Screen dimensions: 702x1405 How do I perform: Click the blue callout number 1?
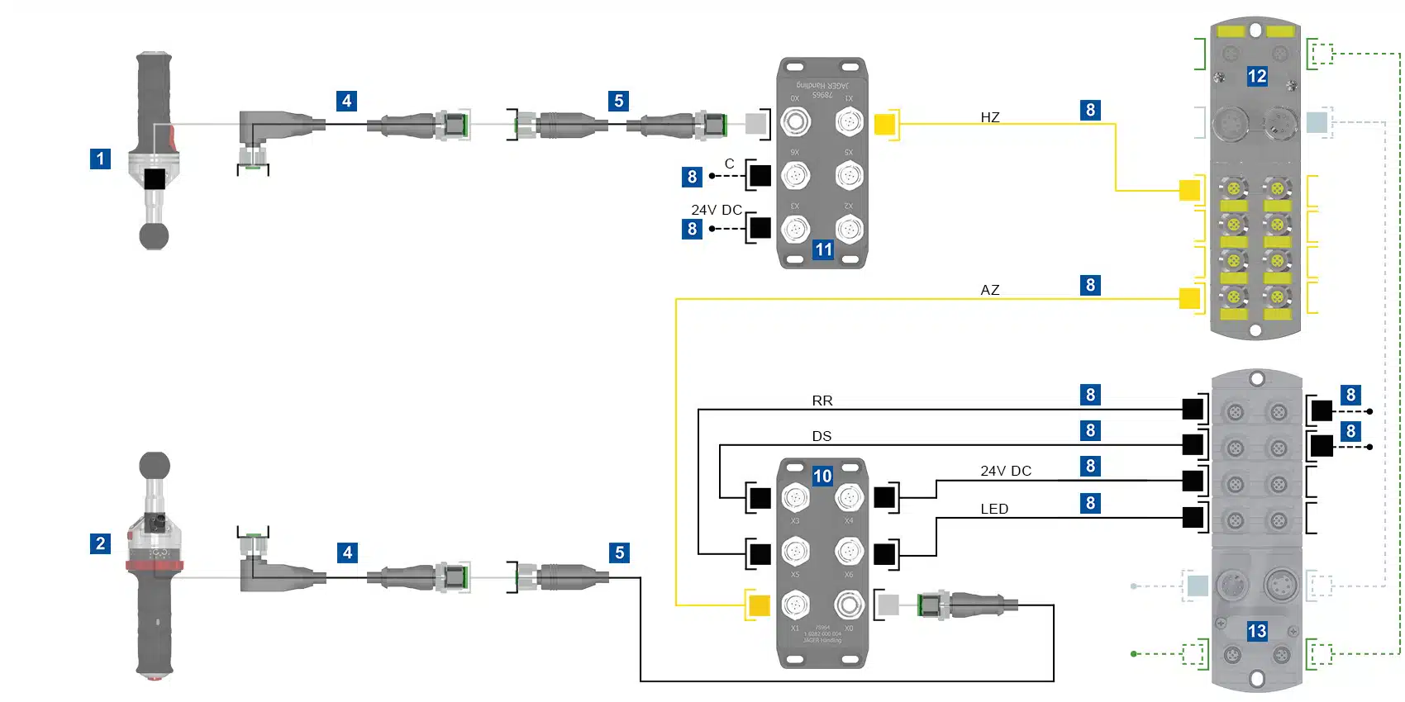(100, 159)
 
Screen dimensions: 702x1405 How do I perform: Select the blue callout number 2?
(100, 543)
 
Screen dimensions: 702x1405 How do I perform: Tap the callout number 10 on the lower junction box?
(822, 476)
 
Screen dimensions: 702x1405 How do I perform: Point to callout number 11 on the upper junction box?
(823, 249)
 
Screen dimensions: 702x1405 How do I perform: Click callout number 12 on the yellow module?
(1256, 77)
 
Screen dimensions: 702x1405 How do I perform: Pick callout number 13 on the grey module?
(1256, 631)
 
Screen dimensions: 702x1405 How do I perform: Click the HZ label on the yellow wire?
(990, 117)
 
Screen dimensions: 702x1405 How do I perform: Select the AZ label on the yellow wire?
(990, 290)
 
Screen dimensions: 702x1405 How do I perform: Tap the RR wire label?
(822, 401)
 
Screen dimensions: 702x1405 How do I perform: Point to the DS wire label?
(822, 436)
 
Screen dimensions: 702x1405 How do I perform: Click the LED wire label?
(994, 509)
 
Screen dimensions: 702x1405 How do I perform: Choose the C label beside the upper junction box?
(729, 164)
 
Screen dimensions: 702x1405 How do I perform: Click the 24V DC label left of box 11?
(717, 210)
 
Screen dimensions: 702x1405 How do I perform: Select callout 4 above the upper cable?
(347, 101)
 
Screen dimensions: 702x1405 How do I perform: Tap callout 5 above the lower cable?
(620, 553)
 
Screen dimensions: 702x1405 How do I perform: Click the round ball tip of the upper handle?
(154, 236)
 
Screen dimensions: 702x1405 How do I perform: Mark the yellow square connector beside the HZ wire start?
(884, 124)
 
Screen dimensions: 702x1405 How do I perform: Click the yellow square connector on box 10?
(759, 605)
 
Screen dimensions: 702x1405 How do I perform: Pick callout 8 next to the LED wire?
(1090, 503)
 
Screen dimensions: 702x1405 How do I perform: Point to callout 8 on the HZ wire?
(1090, 110)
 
